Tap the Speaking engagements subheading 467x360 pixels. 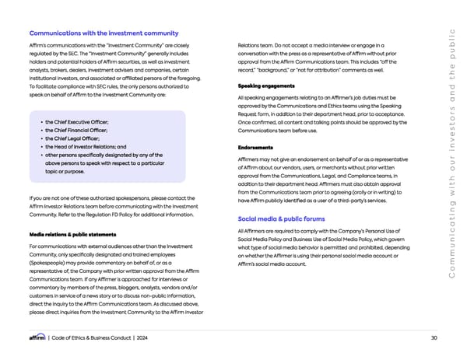(265, 85)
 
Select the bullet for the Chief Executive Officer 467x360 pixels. (77, 123)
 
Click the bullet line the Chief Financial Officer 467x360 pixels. (76, 131)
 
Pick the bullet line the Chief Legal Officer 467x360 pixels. (72, 138)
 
